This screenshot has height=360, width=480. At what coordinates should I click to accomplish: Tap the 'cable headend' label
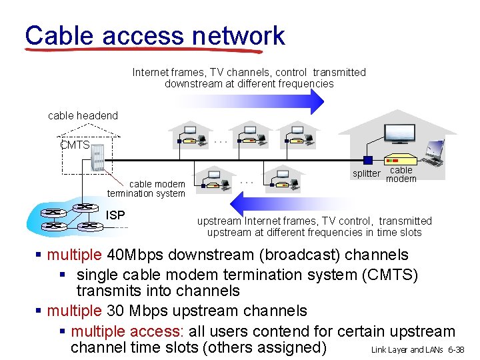pos(83,116)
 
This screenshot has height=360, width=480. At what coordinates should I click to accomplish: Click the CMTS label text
pos(75,145)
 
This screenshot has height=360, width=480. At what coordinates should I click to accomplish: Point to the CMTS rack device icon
pos(100,159)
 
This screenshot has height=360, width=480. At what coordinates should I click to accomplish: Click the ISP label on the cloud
pos(115,215)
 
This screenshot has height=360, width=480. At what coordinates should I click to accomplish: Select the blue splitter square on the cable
pos(367,160)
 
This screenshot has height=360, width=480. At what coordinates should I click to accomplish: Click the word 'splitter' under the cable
pos(366,174)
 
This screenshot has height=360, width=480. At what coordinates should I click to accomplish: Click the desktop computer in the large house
pos(434,152)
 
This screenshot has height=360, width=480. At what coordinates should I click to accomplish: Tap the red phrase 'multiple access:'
pos(127,331)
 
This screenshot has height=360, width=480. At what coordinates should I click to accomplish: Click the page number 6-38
pos(457,350)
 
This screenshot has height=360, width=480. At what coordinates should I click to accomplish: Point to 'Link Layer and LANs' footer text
pos(407,350)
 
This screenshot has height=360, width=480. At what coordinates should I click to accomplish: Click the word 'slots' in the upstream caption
pos(407,233)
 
